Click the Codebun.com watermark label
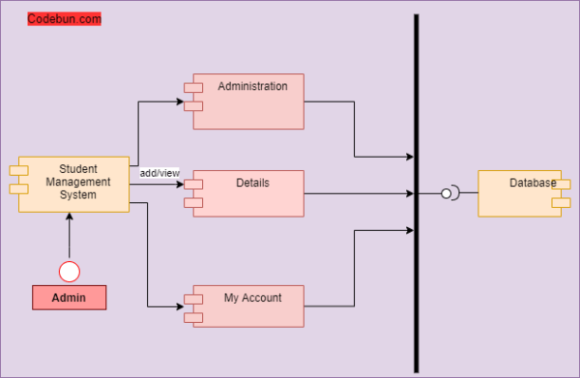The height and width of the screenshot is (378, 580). (64, 18)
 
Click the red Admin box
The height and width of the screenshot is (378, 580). (69, 298)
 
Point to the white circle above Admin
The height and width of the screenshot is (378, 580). (70, 271)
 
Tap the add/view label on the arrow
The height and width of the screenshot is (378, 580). (159, 173)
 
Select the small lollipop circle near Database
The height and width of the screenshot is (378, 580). (447, 193)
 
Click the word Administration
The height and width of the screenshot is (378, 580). (252, 86)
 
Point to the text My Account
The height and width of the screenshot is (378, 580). (252, 298)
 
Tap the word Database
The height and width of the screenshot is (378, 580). (533, 183)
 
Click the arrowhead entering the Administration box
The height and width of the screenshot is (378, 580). (181, 100)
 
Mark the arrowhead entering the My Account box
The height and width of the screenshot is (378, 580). (181, 306)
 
